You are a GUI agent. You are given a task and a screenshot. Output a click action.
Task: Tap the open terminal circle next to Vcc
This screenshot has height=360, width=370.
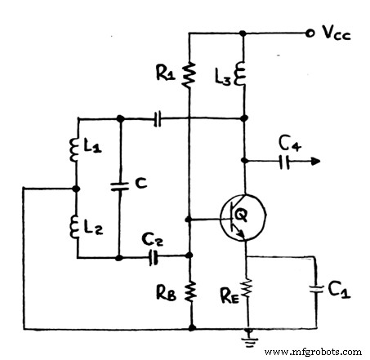[310, 34]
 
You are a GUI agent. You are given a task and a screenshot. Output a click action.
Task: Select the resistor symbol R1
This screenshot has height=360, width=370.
[189, 75]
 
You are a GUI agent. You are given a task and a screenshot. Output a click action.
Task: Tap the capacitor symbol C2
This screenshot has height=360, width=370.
[153, 257]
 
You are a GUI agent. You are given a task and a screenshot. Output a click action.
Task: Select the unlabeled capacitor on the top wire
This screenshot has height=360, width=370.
[157, 119]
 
